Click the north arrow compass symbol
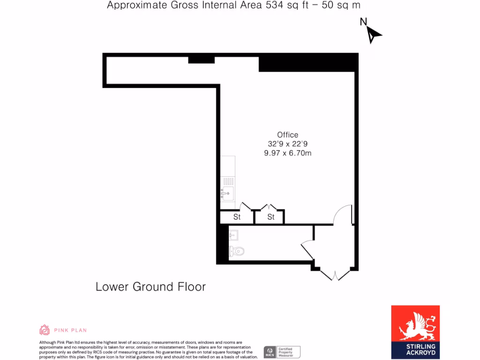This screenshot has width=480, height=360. click(374, 35)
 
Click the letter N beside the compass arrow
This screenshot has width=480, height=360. click(363, 22)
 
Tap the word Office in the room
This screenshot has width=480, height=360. click(287, 135)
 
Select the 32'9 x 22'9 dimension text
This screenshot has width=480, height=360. click(287, 144)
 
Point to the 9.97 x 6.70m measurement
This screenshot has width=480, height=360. click(287, 153)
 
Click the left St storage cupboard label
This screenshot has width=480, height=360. click(237, 217)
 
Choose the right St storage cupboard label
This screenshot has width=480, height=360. click(271, 217)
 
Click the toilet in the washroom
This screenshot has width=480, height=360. click(237, 252)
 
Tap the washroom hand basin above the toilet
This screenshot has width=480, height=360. click(233, 235)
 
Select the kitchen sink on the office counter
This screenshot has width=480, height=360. click(228, 192)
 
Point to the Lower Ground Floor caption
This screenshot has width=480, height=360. click(150, 286)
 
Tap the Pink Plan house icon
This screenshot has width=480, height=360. click(45, 330)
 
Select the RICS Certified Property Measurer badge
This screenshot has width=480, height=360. click(282, 352)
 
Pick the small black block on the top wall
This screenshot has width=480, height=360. click(201, 60)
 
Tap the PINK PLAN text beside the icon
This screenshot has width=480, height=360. click(70, 330)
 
